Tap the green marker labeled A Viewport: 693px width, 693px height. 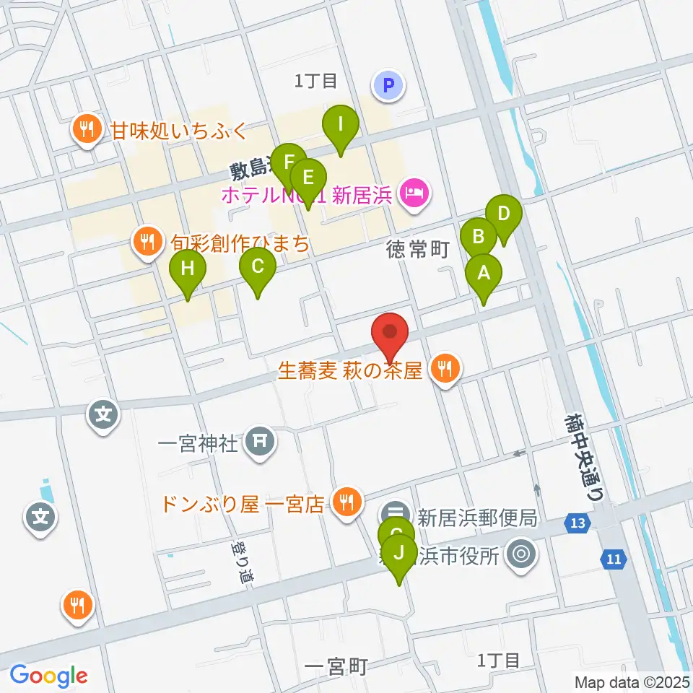(x=483, y=274)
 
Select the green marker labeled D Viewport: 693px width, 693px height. (x=503, y=214)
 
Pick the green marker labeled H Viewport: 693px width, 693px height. (x=188, y=270)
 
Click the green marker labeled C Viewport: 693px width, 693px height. (x=258, y=268)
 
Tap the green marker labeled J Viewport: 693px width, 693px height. (x=398, y=554)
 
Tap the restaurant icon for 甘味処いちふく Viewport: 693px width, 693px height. (x=87, y=129)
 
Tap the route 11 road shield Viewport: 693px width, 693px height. (x=613, y=557)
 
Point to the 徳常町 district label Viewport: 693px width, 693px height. (x=418, y=250)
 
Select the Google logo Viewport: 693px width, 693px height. (x=49, y=676)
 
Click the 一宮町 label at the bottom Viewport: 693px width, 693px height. (x=336, y=666)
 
